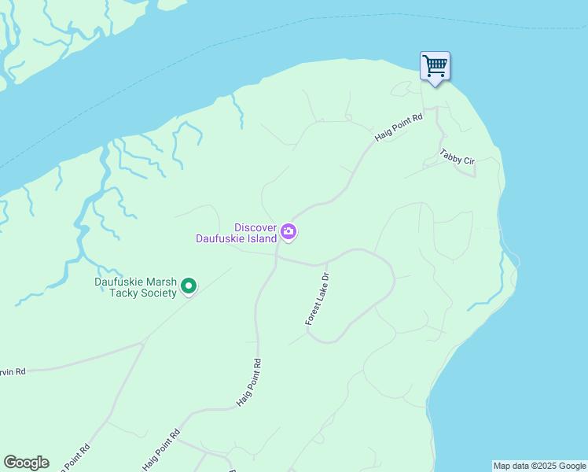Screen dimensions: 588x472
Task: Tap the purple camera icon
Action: tap(288, 231)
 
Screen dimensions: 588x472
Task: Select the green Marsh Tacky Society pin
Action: tap(189, 286)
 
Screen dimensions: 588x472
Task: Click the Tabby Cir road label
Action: tap(458, 157)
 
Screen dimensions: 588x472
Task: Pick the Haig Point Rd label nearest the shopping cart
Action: tap(399, 127)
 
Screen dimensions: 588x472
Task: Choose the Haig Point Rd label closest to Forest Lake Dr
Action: tap(248, 383)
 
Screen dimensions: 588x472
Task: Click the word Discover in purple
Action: tap(255, 227)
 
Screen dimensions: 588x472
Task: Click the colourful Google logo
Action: tap(26, 463)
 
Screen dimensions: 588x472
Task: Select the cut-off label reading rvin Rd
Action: tap(13, 371)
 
